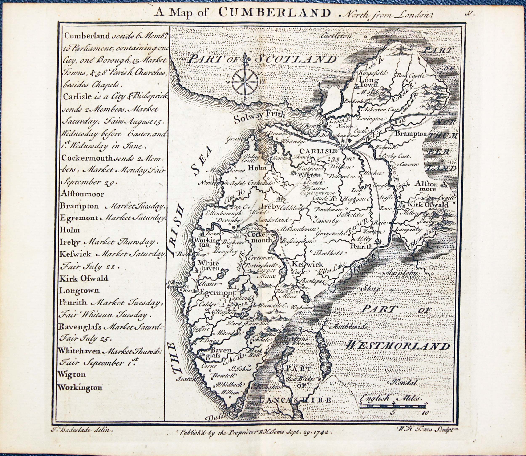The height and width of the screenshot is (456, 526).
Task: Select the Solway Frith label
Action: pos(259,116)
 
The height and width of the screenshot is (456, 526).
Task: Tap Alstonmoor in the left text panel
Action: pos(82,194)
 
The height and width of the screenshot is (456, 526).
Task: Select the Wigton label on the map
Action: pos(309,175)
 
